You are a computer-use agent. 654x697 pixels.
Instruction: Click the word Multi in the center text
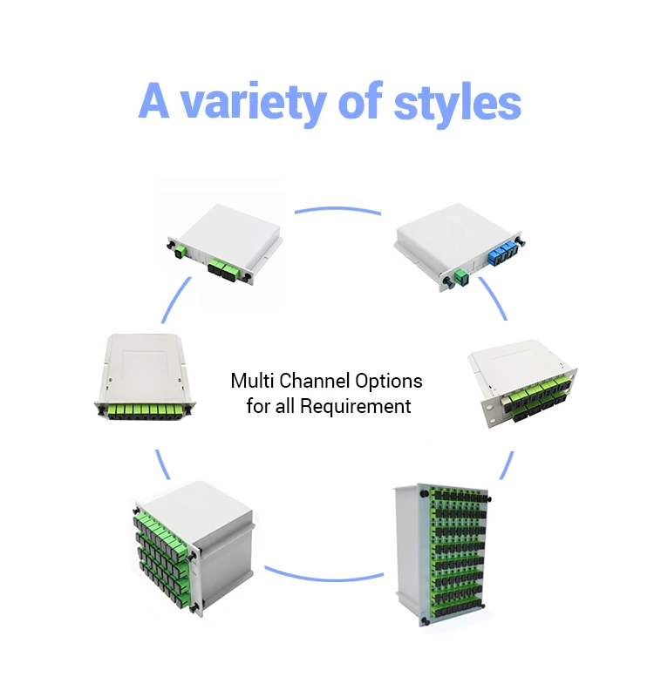pyautogui.click(x=252, y=381)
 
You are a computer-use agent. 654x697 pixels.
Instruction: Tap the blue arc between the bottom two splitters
pyautogui.click(x=324, y=575)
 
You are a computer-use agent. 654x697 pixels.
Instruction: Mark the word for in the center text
pyautogui.click(x=258, y=406)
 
